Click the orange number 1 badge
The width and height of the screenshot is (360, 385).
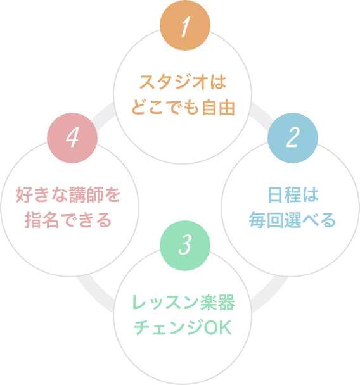click(x=183, y=27)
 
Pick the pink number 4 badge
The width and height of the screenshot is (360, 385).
click(x=72, y=138)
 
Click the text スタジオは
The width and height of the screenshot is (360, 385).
click(x=183, y=84)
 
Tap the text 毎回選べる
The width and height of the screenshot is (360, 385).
click(x=292, y=220)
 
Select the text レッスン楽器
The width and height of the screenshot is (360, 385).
click(x=183, y=303)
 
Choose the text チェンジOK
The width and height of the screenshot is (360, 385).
click(x=183, y=329)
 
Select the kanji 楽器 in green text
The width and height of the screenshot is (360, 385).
click(x=222, y=303)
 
